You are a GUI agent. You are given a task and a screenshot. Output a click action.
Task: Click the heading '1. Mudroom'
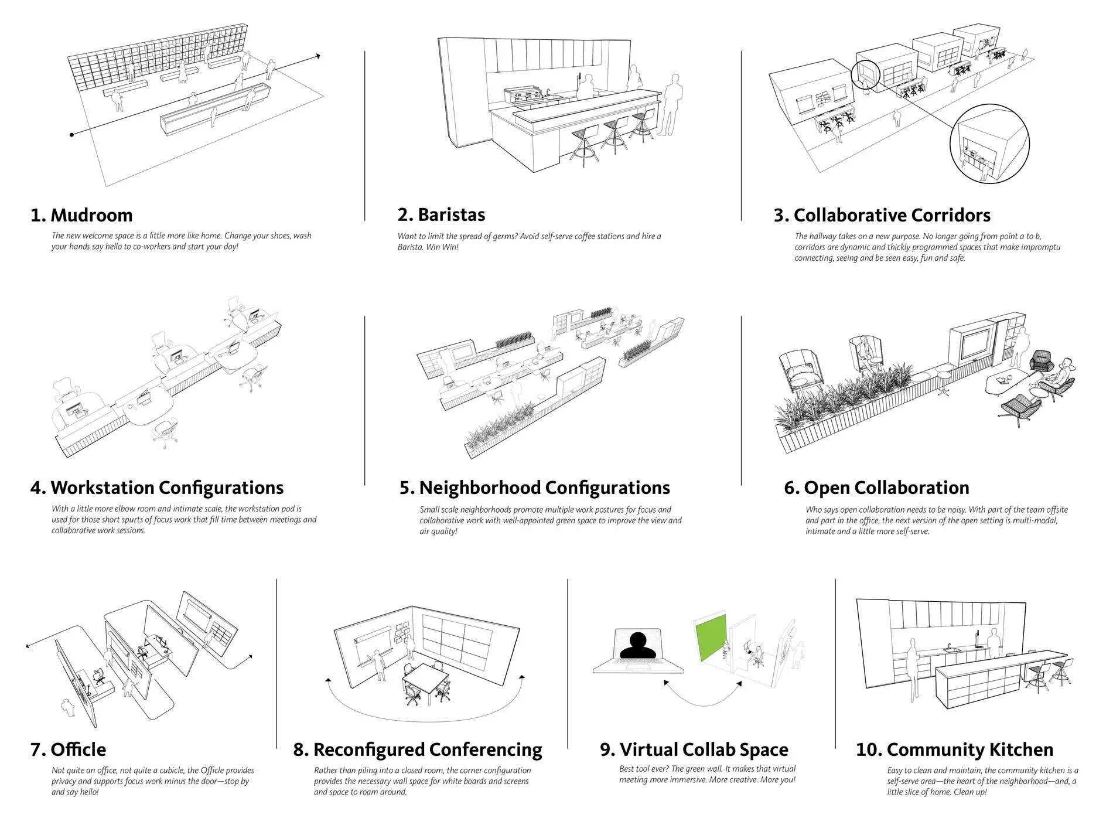pyautogui.click(x=81, y=215)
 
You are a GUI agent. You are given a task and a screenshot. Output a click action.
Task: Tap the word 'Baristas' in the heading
pyautogui.click(x=451, y=214)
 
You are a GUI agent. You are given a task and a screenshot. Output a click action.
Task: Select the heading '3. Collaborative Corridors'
pyautogui.click(x=882, y=215)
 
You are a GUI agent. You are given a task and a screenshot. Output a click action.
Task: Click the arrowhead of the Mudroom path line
pyautogui.click(x=318, y=56)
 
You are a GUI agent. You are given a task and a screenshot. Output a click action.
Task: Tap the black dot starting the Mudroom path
pyautogui.click(x=71, y=135)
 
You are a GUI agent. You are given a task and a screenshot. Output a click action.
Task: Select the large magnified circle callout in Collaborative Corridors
pyautogui.click(x=989, y=144)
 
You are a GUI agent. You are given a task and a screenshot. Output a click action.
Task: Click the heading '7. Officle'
pyautogui.click(x=68, y=749)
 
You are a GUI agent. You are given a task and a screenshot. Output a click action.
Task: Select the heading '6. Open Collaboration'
pyautogui.click(x=876, y=488)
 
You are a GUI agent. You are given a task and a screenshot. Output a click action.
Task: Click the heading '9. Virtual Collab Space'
pyautogui.click(x=694, y=749)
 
